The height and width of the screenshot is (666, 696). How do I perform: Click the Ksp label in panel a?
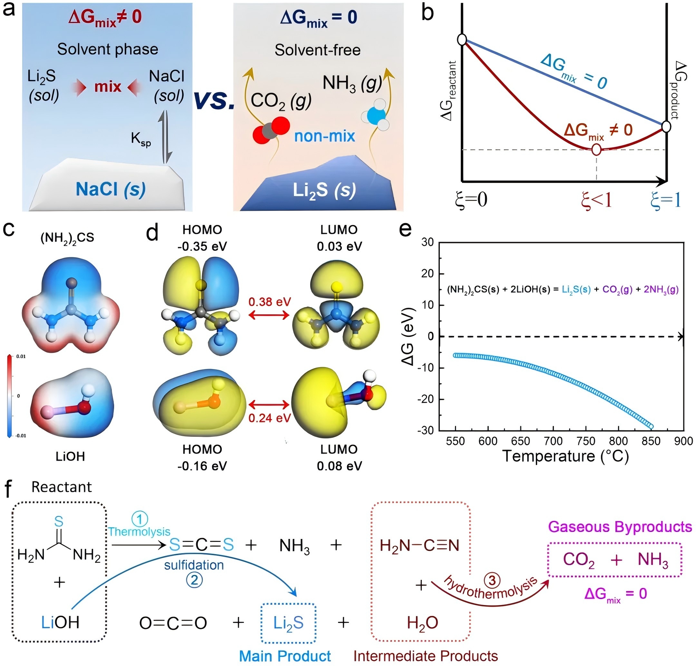pos(140,139)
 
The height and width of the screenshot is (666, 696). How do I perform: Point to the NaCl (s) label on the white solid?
pos(111,189)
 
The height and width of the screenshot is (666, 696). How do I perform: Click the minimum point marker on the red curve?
pos(596,150)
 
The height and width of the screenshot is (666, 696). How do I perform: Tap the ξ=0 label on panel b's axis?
pos(471,200)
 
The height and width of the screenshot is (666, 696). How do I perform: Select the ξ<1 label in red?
pos(596,200)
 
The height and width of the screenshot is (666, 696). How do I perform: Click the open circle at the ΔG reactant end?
pos(462,39)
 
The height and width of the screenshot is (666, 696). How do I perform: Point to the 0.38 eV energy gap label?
pos(269,302)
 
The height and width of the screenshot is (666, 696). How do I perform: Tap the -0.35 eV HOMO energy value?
pos(202,246)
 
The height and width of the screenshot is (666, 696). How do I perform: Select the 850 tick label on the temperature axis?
pos(651,441)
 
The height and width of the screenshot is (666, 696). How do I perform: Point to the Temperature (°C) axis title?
pos(565,456)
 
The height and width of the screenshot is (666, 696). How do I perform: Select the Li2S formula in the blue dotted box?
pos(288,623)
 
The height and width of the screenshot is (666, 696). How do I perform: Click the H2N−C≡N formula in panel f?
pos(419,545)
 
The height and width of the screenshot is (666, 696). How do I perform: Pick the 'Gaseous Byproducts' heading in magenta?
pos(620,527)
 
